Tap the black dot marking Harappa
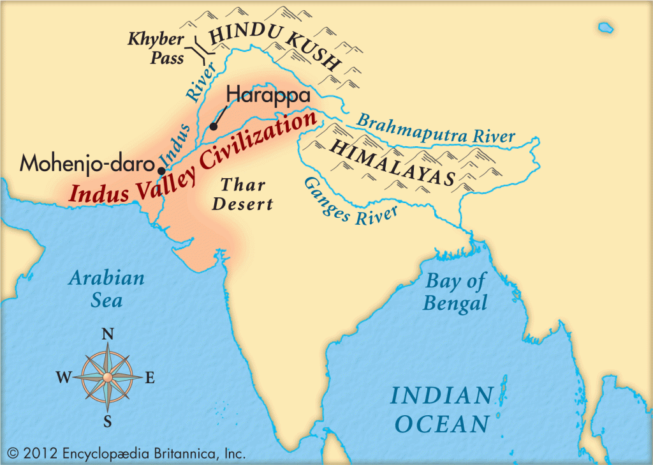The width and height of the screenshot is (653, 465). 214,126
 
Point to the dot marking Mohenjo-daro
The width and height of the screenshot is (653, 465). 161,171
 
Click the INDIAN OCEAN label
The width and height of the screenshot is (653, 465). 441,409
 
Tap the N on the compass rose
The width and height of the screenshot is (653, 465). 108,334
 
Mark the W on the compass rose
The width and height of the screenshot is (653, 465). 63,377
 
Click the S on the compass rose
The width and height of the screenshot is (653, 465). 108,420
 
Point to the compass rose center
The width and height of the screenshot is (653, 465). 108,377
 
